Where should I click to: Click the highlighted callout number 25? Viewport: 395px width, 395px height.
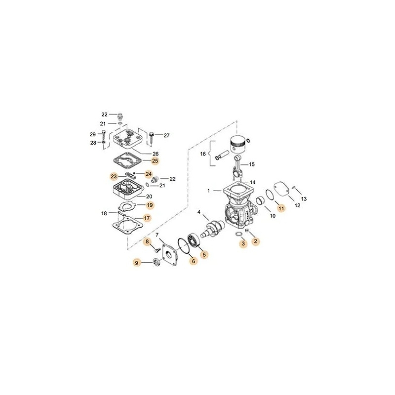155,161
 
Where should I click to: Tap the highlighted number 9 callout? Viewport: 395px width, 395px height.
137,263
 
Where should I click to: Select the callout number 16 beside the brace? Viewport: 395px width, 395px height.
203,154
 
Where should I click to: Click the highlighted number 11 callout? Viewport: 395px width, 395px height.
281,208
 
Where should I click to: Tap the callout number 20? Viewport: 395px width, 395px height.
149,197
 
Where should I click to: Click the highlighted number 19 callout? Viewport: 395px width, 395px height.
150,205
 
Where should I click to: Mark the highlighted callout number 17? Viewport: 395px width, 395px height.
147,218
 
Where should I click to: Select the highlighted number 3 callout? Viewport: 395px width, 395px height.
243,244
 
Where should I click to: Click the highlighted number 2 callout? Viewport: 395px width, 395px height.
255,241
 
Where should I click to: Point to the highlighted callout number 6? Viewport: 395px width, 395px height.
193,261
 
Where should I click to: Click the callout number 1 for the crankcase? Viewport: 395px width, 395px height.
209,191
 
